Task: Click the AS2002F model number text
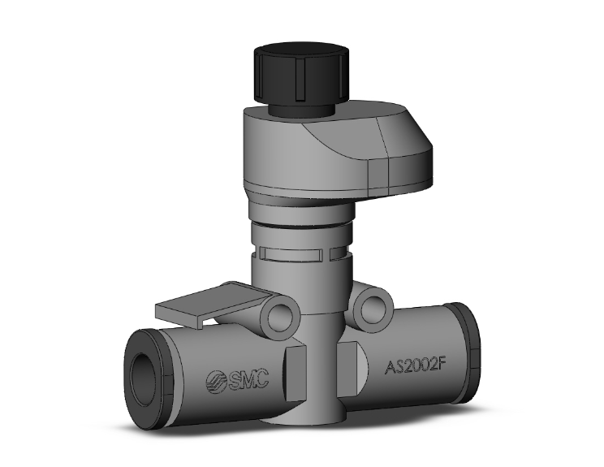pyautogui.click(x=415, y=365)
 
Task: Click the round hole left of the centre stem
pyautogui.click(x=280, y=313)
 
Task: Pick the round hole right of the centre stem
pyautogui.click(x=373, y=308)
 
